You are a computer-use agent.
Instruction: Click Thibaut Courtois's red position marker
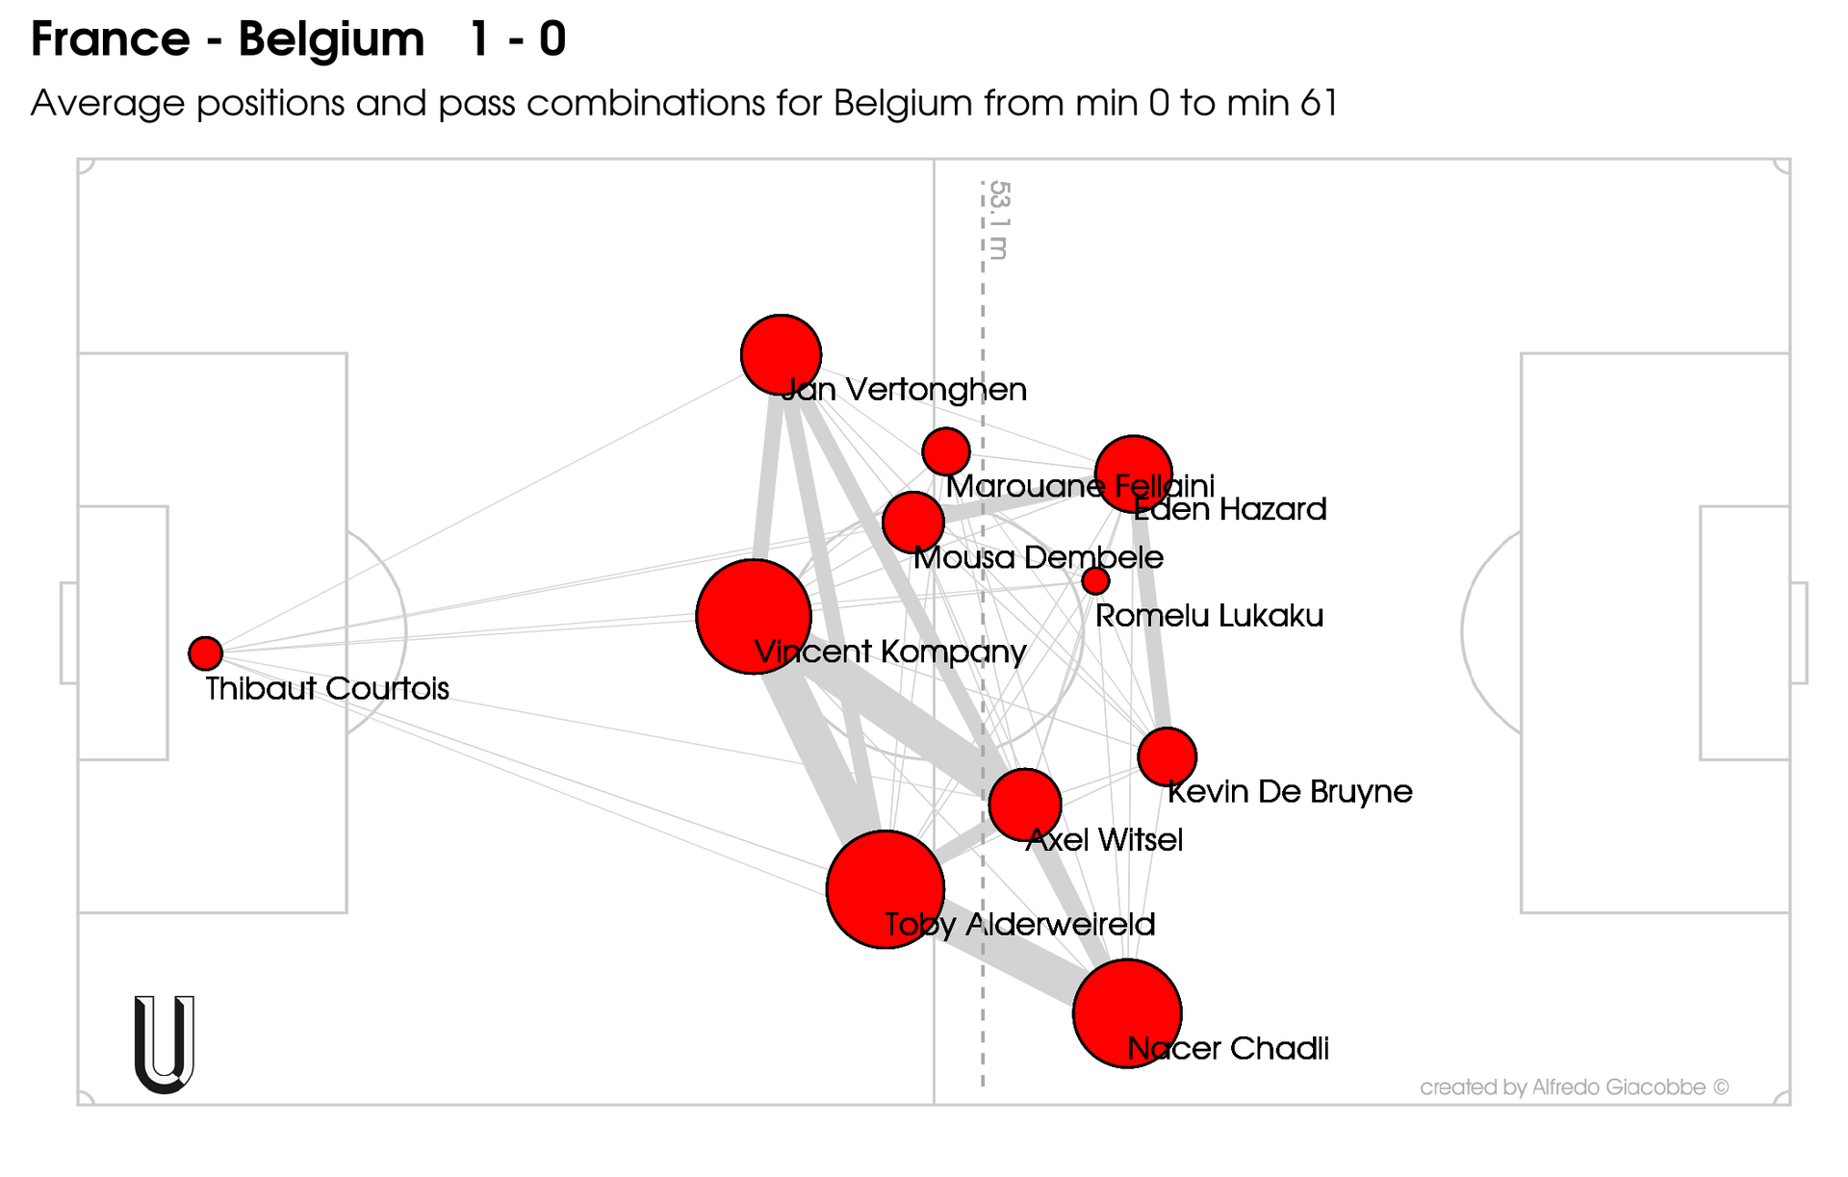205,653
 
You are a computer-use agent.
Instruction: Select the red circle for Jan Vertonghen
781,354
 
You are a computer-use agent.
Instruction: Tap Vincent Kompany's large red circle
754,617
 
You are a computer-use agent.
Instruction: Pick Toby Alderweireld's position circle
885,889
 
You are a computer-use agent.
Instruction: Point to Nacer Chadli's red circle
1127,1013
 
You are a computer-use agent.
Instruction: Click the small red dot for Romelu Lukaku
1095,580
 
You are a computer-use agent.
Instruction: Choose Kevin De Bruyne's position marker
1167,756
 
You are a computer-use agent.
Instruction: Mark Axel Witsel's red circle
1025,805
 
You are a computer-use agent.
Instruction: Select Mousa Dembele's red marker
912,523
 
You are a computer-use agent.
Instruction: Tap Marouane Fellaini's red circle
945,451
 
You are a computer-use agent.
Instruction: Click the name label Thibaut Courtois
327,689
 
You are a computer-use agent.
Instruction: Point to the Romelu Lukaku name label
1209,616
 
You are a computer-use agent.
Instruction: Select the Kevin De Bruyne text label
1290,792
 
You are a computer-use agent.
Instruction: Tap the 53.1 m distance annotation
999,220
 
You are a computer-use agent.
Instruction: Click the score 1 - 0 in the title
518,39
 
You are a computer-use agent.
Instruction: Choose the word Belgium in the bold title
331,39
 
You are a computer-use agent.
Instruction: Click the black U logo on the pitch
165,1044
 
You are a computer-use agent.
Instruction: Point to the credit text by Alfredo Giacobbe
1574,1087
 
